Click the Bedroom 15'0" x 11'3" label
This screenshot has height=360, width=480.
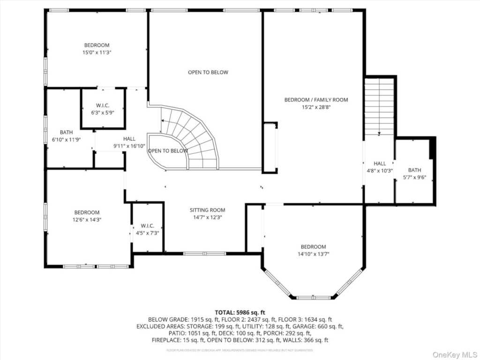point(97,45)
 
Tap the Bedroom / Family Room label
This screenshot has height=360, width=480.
point(316,100)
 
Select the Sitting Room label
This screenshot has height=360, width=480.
point(207,210)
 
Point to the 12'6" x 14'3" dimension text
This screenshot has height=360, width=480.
point(86,219)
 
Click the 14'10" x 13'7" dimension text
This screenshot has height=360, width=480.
point(313,254)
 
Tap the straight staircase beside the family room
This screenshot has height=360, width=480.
point(379,107)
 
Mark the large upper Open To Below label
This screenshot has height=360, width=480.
point(208,72)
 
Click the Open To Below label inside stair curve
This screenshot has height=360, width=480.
point(168,151)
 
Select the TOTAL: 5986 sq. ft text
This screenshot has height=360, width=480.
point(240,312)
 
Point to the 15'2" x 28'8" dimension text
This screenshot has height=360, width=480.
point(316,107)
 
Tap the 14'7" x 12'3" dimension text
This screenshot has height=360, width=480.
point(207,217)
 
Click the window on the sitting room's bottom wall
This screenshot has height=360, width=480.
point(204,254)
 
